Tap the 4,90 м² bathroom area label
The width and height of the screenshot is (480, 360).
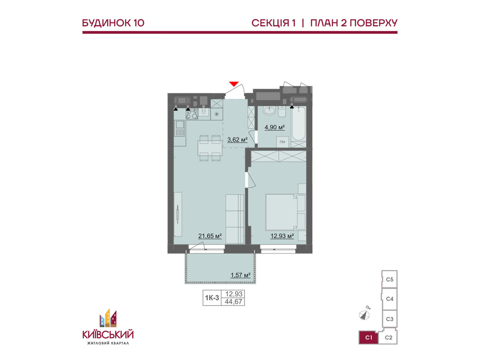(x=274, y=127)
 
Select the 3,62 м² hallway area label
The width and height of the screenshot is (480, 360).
(x=237, y=140)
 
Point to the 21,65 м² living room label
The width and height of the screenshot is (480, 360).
(x=210, y=236)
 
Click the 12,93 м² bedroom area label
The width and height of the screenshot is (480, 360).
(x=282, y=236)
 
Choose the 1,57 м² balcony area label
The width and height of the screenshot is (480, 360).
(x=241, y=275)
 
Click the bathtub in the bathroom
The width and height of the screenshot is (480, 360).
(x=298, y=124)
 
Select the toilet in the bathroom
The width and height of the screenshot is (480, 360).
(x=282, y=111)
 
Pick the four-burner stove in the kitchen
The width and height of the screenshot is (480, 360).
(x=192, y=114)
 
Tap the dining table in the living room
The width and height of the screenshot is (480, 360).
(x=210, y=148)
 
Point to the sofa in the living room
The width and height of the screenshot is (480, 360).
(x=235, y=219)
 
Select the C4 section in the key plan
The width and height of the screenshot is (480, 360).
(x=389, y=299)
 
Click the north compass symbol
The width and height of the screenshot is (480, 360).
(x=364, y=315)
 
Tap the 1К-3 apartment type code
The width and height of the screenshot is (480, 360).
(x=212, y=298)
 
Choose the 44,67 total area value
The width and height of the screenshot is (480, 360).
(x=233, y=301)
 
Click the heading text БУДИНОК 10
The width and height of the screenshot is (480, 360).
(x=113, y=23)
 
